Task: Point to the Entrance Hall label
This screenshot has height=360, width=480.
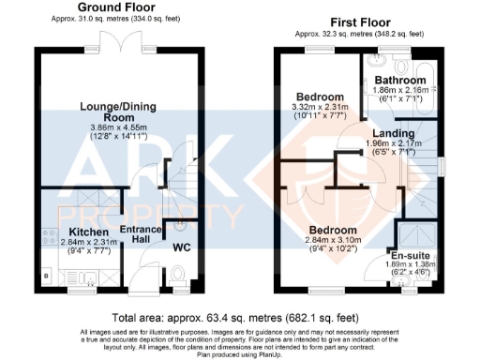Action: (134, 237)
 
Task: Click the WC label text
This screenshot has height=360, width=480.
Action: (187, 248)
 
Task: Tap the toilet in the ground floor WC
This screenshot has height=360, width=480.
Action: (178, 275)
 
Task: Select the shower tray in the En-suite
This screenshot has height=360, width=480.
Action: (412, 232)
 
